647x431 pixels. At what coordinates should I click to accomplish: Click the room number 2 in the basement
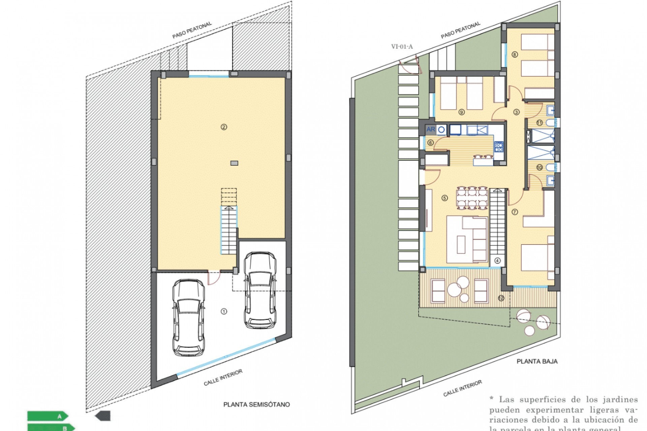(224, 127)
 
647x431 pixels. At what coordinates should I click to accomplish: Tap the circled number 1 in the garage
(224, 311)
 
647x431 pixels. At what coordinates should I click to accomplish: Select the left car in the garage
(188, 317)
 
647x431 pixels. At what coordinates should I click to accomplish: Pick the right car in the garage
(260, 290)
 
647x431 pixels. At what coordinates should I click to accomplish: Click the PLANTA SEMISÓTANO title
(256, 404)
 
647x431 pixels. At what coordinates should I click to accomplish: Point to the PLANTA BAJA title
(537, 361)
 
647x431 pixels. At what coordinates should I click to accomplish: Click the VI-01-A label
(402, 47)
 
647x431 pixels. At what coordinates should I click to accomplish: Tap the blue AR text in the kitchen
(430, 129)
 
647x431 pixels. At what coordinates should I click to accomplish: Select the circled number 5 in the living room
(444, 198)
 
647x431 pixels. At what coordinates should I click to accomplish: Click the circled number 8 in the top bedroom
(515, 54)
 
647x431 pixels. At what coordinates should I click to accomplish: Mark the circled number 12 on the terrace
(501, 298)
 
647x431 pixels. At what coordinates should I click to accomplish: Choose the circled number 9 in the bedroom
(461, 112)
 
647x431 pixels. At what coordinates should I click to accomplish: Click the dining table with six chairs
(472, 198)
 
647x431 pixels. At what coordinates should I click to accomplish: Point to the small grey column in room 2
(234, 163)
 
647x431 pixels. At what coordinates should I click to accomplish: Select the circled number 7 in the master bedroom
(515, 212)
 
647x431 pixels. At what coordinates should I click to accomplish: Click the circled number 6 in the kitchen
(430, 143)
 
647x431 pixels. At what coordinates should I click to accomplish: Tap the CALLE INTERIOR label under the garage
(223, 377)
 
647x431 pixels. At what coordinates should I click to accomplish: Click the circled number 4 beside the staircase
(497, 260)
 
